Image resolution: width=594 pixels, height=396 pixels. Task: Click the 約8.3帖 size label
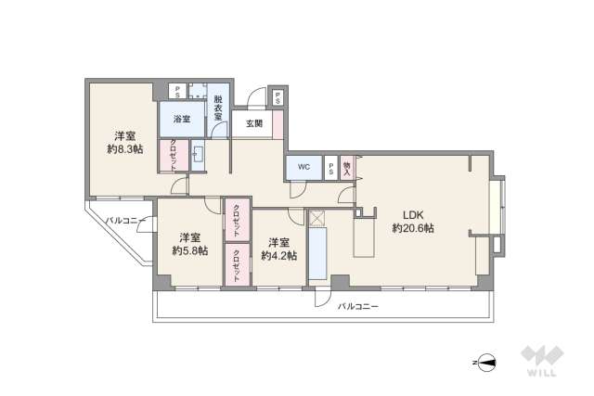click(123, 149)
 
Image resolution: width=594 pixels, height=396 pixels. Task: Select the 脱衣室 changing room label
click(219, 108)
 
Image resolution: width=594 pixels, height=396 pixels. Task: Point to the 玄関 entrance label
click(254, 123)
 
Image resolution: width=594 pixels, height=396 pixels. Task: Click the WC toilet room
click(303, 168)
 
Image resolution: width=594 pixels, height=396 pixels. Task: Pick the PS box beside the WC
click(331, 168)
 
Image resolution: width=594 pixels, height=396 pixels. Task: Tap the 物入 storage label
click(347, 167)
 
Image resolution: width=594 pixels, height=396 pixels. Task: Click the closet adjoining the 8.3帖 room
click(173, 155)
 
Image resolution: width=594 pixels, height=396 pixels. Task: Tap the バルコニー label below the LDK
click(357, 305)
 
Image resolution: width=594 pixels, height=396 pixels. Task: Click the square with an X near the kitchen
click(316, 219)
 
